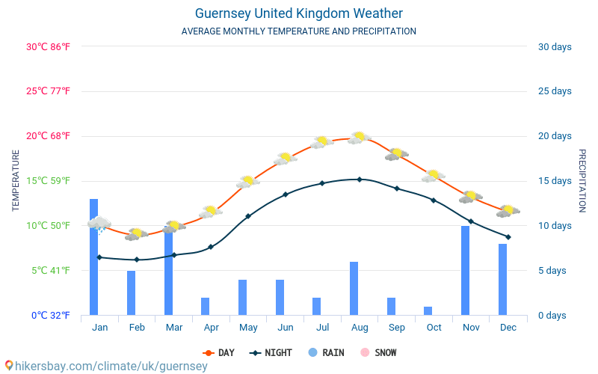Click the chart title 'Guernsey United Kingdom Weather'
pos(299,13)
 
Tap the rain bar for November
pos(465,270)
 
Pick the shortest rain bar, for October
pos(428,310)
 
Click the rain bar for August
pos(354,288)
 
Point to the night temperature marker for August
pos(360,180)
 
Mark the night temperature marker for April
pos(211,247)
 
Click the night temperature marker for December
pos(508,237)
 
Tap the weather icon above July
pos(322,141)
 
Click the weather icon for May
pos(248,182)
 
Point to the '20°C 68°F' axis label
pos(48,136)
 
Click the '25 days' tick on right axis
pos(555,91)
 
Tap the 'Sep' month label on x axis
pos(397,328)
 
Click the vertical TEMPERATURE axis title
pos(16,180)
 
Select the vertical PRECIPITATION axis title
pos(582,180)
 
